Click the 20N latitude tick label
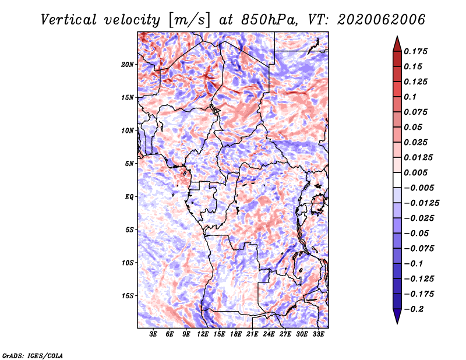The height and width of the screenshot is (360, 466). tap(127, 65)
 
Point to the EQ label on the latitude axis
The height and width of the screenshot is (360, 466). tap(129, 197)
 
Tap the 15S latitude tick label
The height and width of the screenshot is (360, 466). tap(127, 296)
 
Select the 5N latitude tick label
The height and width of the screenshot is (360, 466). tap(129, 164)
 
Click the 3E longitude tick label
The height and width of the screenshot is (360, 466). tap(153, 334)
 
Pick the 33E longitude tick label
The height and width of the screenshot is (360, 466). tap(318, 334)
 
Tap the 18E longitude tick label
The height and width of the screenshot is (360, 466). tap(236, 334)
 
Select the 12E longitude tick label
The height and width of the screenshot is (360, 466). tap(203, 334)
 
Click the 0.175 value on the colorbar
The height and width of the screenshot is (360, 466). tap(415, 51)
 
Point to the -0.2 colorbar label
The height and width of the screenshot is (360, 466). tap(414, 309)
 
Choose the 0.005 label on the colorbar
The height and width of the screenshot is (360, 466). tap(415, 172)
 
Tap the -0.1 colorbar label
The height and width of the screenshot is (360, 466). tap(414, 264)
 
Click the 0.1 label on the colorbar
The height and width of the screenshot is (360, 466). tap(410, 97)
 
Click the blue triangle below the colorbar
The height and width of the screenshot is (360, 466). tap(397, 316)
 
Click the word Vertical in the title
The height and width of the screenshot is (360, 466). tap(69, 20)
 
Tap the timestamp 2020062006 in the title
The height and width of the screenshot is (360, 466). tap(382, 20)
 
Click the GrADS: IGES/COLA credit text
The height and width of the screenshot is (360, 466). tap(33, 355)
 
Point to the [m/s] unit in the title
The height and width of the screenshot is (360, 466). tap(189, 20)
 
